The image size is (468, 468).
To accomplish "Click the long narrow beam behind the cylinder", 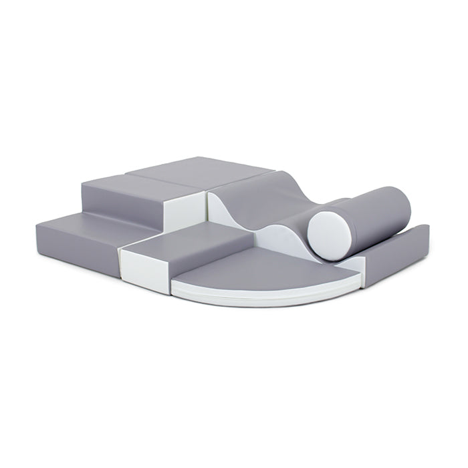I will click(401, 247).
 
